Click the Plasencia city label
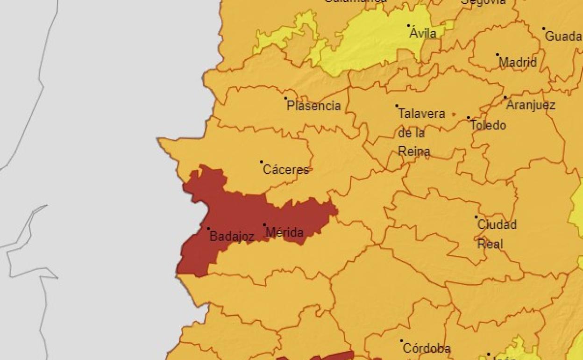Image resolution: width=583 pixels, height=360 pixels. [x=314, y=106]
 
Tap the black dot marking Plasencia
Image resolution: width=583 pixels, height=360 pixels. [x=285, y=98]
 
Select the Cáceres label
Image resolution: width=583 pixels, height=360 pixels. [x=286, y=170]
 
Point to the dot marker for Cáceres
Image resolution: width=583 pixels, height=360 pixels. [x=262, y=162]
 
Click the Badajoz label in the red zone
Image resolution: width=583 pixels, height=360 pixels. [x=232, y=237]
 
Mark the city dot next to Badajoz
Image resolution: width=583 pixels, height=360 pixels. [x=208, y=229]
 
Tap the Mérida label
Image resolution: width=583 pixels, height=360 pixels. [x=284, y=232]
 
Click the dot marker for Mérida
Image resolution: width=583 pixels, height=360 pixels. [x=264, y=225]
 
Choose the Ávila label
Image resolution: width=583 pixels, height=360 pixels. [x=423, y=33]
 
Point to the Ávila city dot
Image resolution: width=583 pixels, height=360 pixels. [x=408, y=26]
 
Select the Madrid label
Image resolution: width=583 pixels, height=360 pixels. [x=518, y=62]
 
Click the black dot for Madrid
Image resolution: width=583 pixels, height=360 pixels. [x=498, y=55]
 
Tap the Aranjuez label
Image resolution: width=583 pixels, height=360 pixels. [x=531, y=105]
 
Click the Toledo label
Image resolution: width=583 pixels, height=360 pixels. [x=488, y=125]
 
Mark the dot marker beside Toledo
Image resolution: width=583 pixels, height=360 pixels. [x=469, y=118]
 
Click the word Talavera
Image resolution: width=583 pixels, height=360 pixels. [x=421, y=114]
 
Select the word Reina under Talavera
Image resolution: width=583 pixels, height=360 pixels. [x=414, y=151]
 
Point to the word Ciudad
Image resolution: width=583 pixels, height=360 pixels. [x=497, y=225]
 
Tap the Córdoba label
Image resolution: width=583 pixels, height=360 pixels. [x=427, y=348]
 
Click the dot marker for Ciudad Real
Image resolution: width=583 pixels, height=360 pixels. [x=476, y=217]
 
